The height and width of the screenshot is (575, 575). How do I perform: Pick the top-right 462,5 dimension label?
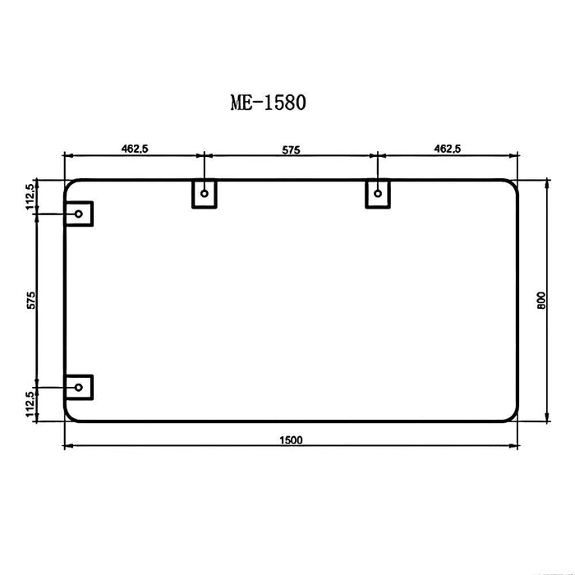click(448, 149)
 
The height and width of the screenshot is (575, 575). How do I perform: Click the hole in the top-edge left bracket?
click(204, 194)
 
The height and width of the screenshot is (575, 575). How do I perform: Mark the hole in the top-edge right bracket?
click(378, 194)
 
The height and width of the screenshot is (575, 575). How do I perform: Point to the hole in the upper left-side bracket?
click(79, 214)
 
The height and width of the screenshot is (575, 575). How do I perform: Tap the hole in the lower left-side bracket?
click(79, 386)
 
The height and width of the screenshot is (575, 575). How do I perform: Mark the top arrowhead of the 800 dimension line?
click(548, 182)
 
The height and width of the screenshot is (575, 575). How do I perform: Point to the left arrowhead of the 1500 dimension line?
click(68, 447)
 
